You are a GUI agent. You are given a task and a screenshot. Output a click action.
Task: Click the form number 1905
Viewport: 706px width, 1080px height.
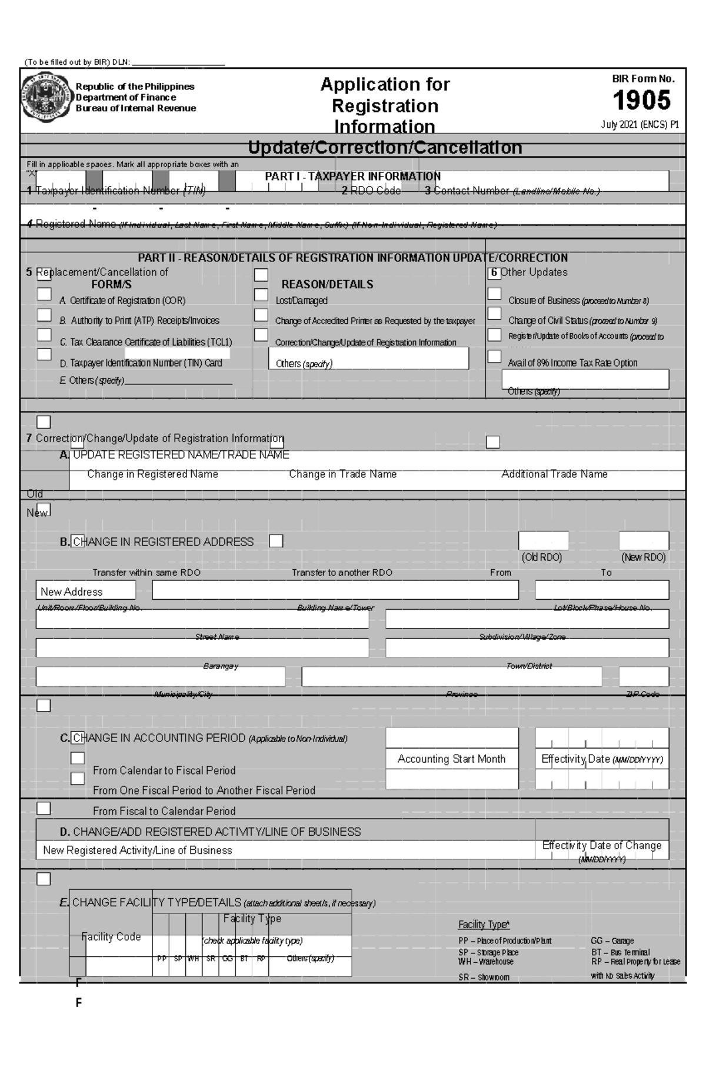tap(641, 101)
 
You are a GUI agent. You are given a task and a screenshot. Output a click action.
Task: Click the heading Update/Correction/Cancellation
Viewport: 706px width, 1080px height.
tap(385, 147)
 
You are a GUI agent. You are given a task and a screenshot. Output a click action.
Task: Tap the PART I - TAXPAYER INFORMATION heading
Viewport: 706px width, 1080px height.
tap(352, 176)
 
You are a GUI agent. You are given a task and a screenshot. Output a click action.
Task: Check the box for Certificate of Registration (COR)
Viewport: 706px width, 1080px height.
tap(44, 294)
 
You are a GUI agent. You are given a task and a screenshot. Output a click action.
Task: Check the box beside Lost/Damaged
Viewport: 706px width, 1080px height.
tap(261, 294)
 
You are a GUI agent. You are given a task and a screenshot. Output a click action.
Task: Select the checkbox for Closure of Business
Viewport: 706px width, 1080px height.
tap(494, 294)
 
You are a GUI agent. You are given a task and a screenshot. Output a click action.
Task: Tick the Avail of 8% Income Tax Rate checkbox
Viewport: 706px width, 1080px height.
tap(494, 356)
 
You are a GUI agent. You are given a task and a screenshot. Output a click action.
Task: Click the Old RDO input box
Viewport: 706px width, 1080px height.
tap(543, 540)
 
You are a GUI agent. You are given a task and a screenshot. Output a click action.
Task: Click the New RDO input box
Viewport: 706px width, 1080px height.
tap(644, 540)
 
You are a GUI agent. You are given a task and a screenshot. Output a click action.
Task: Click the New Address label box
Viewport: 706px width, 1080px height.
tap(85, 591)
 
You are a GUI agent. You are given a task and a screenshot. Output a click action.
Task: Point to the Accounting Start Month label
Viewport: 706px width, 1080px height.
tap(451, 759)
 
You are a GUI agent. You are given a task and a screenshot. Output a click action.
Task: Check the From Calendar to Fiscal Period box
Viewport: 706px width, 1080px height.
tap(78, 758)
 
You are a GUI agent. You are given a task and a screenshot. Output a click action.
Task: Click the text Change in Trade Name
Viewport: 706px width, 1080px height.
tap(342, 474)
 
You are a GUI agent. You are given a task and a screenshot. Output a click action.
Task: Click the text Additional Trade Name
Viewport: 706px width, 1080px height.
tap(554, 474)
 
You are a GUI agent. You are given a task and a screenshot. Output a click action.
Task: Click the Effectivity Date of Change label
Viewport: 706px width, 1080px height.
tap(601, 845)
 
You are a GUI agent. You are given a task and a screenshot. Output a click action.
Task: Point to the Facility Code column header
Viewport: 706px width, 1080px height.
tap(111, 936)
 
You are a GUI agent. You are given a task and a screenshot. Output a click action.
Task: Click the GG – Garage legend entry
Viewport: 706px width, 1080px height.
tap(612, 941)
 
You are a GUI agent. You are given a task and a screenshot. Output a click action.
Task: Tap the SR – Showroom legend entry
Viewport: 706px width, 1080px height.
tap(484, 977)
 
